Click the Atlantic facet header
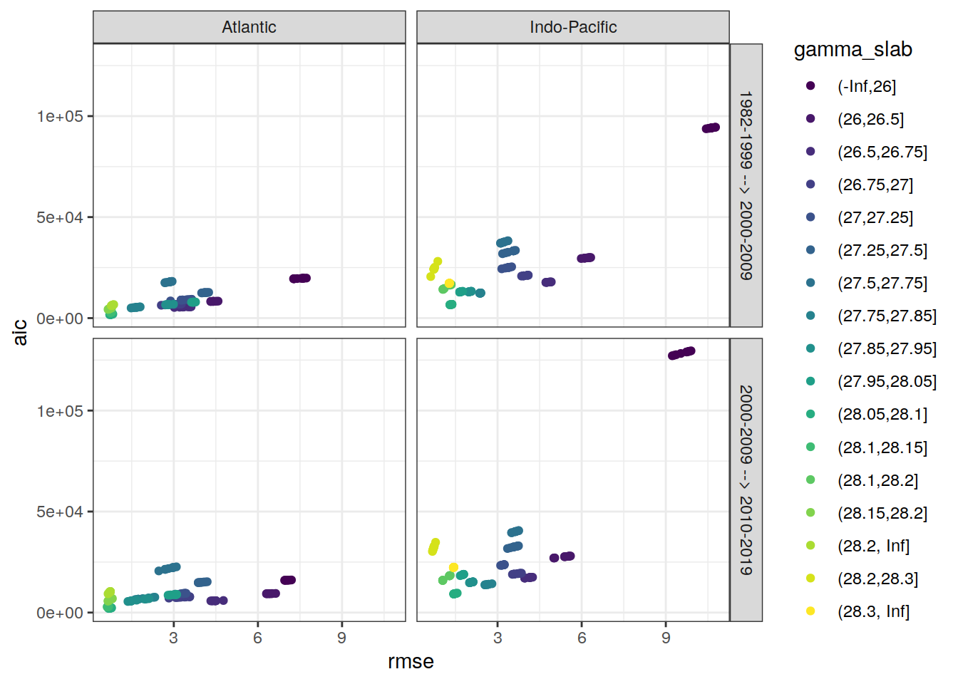(x=249, y=27)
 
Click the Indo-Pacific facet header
(x=573, y=27)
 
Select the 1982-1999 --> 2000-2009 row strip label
(x=746, y=185)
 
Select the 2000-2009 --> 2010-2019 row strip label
(x=746, y=480)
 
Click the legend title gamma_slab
(x=853, y=49)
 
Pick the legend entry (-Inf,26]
(x=866, y=86)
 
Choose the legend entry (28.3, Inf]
(x=873, y=611)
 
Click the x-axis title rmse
(x=411, y=661)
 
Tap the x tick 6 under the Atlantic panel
(x=257, y=638)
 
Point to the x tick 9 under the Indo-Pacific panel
(x=666, y=638)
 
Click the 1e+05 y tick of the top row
(x=60, y=116)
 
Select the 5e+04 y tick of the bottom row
(x=60, y=512)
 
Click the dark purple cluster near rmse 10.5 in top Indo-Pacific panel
(x=711, y=128)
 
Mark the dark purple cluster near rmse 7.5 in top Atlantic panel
(x=300, y=279)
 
